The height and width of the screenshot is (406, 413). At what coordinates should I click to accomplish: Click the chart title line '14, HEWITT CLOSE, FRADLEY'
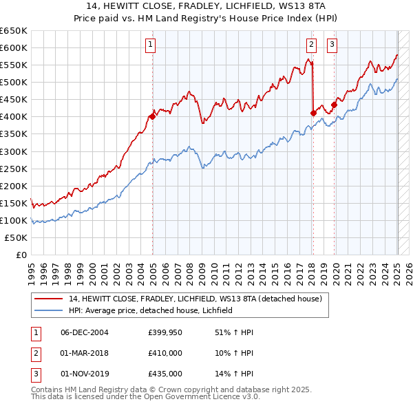tap(206, 7)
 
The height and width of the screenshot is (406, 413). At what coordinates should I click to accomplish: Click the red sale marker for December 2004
tap(152, 116)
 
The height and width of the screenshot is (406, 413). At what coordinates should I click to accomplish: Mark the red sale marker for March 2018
tap(313, 113)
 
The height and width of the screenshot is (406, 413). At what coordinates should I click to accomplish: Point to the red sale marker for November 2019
tap(334, 105)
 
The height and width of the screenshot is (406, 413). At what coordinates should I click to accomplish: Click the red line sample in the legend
tap(48, 299)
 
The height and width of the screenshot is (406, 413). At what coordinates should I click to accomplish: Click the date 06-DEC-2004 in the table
tap(85, 333)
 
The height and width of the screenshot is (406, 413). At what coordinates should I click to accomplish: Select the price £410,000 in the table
tap(165, 353)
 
